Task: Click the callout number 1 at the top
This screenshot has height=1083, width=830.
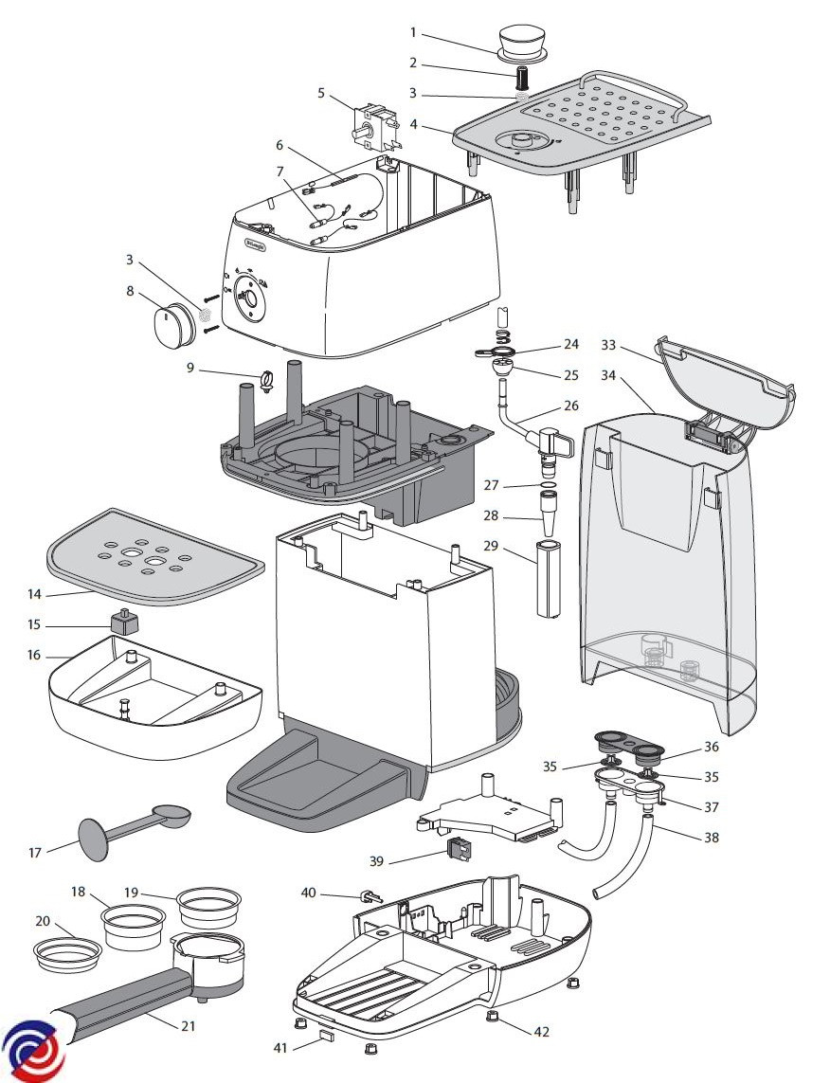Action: [413, 32]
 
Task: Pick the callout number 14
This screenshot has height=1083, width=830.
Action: [35, 594]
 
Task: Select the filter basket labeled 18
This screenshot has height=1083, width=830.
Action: [134, 926]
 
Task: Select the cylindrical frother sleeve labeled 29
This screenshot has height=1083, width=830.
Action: [550, 579]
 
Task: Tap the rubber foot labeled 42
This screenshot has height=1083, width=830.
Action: [493, 1017]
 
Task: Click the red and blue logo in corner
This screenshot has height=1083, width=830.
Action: [33, 1050]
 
